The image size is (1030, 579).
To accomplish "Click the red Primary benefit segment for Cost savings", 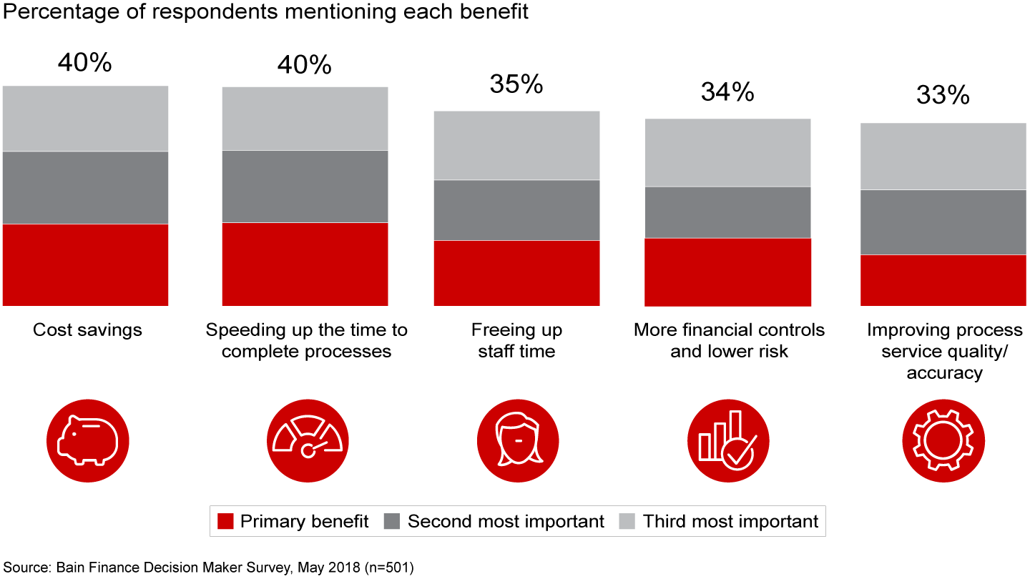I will point(85,264).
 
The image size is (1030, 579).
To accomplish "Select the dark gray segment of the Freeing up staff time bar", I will point(516,210).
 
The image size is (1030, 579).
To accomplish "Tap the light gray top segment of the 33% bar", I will point(943,156).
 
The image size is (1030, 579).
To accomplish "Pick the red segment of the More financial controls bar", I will point(727,272).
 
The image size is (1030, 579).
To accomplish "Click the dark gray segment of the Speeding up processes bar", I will point(305,186).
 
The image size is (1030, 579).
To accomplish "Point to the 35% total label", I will point(516,84).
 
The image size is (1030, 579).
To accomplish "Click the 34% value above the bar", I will point(727,91).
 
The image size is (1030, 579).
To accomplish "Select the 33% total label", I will point(943,95).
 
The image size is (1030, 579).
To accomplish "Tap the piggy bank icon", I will point(87,438).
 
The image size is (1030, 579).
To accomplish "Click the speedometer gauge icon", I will point(308,438).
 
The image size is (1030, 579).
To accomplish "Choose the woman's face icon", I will point(516,438).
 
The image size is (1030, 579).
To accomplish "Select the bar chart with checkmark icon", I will point(727,438).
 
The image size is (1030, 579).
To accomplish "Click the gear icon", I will point(943,438).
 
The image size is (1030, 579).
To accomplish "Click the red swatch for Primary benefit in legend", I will point(225,522).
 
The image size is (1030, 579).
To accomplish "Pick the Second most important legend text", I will point(506,522).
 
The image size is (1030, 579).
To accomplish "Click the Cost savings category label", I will point(87,330).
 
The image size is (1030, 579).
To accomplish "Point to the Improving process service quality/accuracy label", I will point(944,351).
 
